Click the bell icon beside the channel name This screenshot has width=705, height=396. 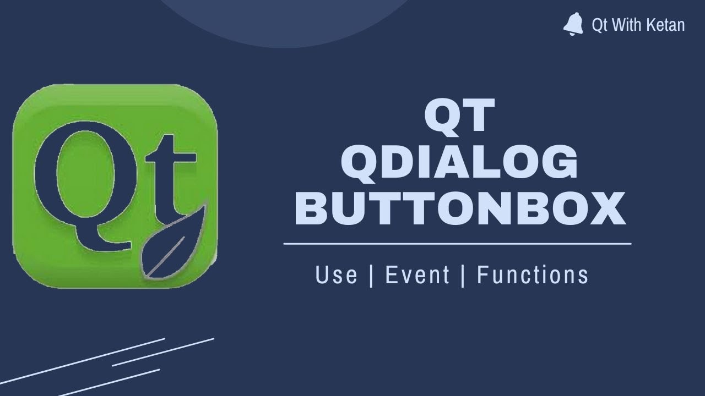pyautogui.click(x=573, y=25)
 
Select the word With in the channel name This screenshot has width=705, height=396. pyautogui.click(x=623, y=25)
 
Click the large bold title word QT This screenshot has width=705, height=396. pyautogui.click(x=460, y=116)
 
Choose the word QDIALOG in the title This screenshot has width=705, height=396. pyautogui.click(x=460, y=163)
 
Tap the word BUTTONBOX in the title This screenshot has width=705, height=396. pyautogui.click(x=460, y=210)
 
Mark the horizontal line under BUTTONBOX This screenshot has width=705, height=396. pyautogui.click(x=457, y=243)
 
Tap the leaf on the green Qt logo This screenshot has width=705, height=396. pyautogui.click(x=172, y=245)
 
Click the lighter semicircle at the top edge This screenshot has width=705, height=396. pyautogui.click(x=286, y=22)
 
